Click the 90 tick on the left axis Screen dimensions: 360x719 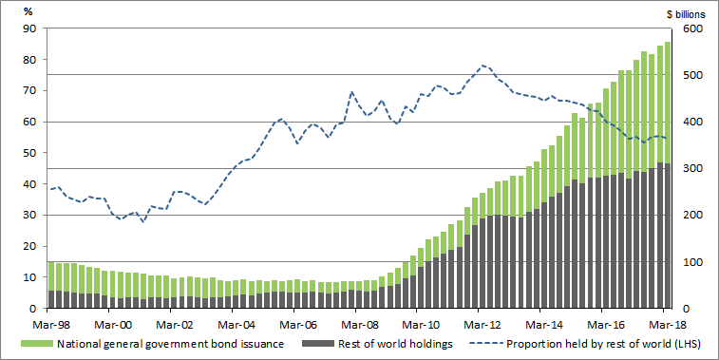coord(29,28)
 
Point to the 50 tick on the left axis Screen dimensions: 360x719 coord(29,153)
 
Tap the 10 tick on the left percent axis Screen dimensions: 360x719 coord(29,277)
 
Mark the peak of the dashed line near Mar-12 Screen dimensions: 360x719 coord(483,66)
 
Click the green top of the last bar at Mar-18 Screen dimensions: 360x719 coord(668,43)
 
